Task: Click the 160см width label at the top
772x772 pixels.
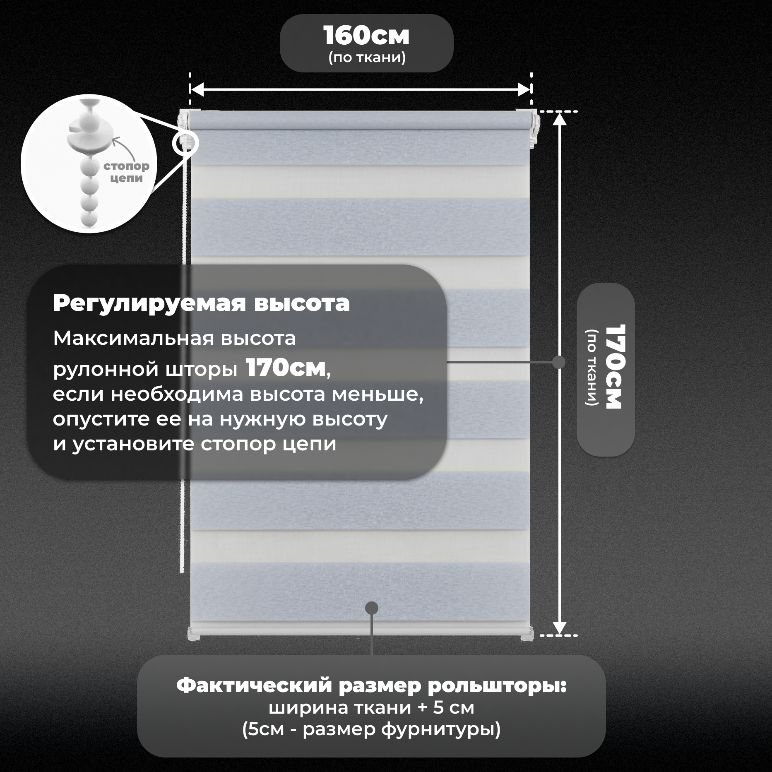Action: [366, 36]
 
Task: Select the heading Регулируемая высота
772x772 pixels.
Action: [201, 303]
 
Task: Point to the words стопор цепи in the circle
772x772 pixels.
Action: [126, 172]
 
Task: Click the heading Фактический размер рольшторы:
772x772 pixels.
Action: [371, 685]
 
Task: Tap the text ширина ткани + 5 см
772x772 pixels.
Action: [371, 707]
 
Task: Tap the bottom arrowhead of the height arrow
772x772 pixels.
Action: [559, 628]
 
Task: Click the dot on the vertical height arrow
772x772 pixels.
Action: [559, 362]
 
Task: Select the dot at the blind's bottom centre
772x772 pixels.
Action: [372, 608]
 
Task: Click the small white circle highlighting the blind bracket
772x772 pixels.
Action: [185, 143]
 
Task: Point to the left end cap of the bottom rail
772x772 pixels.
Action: [194, 634]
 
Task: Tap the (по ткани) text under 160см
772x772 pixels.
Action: [367, 57]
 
